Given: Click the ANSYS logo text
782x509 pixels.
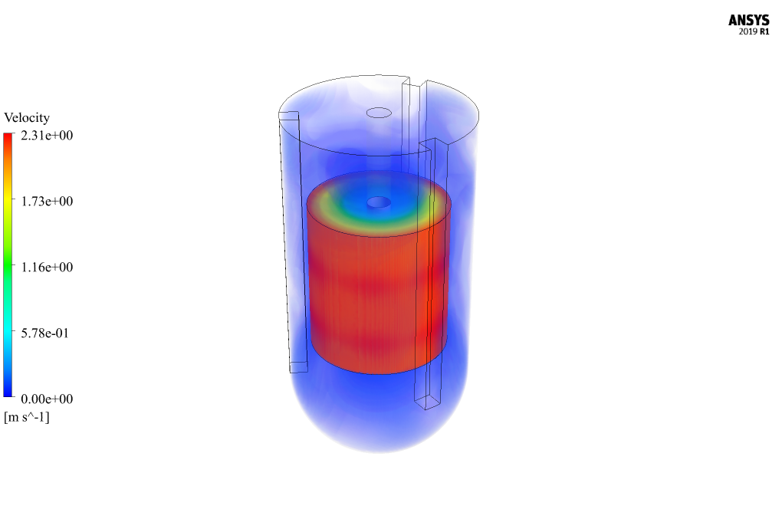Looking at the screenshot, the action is tap(748, 20).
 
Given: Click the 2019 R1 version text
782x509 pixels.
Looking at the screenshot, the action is tap(754, 31).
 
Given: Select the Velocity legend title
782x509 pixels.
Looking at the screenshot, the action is tap(27, 117).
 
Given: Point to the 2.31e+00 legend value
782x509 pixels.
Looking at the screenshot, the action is tap(47, 135).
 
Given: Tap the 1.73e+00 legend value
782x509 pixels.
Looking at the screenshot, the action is tap(47, 201).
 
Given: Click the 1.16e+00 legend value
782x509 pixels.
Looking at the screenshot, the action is tap(47, 267).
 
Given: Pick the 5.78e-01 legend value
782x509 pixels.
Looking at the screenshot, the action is tap(45, 333).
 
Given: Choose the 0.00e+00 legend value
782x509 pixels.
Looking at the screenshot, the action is tap(47, 399).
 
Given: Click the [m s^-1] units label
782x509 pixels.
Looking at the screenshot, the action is tap(27, 417).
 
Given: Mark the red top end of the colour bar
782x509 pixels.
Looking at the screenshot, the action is tap(8, 136).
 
